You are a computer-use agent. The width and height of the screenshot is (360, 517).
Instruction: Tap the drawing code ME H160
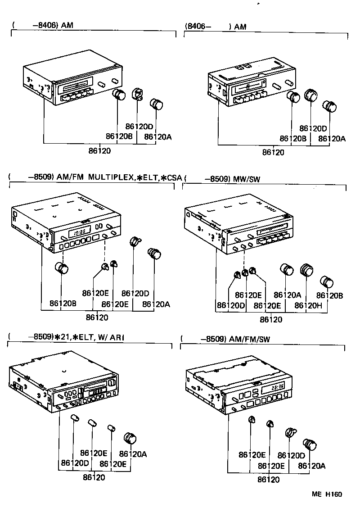327,494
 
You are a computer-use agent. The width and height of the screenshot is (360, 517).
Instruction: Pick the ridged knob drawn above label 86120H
306,270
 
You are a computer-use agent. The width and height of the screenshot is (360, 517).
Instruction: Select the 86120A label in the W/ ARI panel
133,454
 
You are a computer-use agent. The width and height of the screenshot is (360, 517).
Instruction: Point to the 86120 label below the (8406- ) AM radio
273,152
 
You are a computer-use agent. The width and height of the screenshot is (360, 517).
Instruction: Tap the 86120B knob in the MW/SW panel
327,282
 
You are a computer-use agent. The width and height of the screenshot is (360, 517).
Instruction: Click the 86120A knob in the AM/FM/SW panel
310,444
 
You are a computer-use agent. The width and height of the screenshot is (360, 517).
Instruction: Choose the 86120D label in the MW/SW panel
230,305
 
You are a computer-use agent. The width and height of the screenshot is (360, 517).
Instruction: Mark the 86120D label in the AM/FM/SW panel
291,455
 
